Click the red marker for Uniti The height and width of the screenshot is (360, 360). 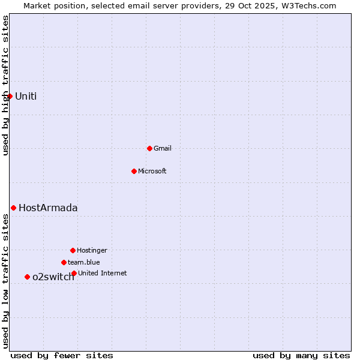tap(10, 96)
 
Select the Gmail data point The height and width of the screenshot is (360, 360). tap(149, 148)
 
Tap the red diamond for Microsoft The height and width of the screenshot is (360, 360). tap(134, 171)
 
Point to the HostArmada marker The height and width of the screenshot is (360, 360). tap(13, 208)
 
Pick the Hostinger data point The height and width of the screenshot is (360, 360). tap(73, 250)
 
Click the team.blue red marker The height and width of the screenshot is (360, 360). tap(64, 262)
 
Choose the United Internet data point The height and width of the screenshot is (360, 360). tap(74, 273)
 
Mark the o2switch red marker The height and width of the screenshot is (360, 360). tap(27, 277)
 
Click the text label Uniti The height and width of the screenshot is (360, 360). tap(26, 96)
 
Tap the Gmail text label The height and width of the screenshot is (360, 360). tap(163, 148)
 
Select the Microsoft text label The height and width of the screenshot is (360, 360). tap(152, 171)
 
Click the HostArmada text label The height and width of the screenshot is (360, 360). tap(48, 208)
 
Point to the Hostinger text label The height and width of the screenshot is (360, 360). tap(92, 250)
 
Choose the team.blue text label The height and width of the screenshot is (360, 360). tap(84, 262)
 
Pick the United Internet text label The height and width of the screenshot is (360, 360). tap(103, 273)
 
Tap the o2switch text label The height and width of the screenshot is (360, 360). tap(53, 277)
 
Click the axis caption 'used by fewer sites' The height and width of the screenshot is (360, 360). tap(62, 355)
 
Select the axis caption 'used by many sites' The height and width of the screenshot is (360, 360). tap(301, 355)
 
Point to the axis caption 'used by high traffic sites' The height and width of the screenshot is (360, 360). tap(6, 85)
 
